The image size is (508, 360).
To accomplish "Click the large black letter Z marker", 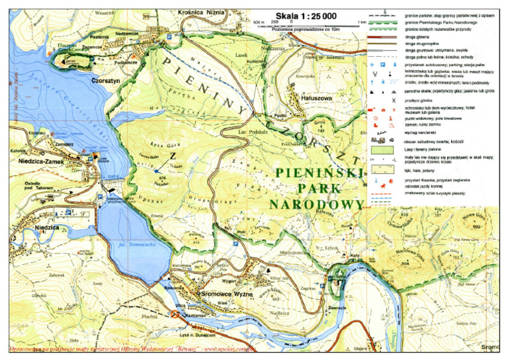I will (x=173, y=156).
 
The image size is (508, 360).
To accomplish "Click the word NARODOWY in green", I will (x=316, y=204).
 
